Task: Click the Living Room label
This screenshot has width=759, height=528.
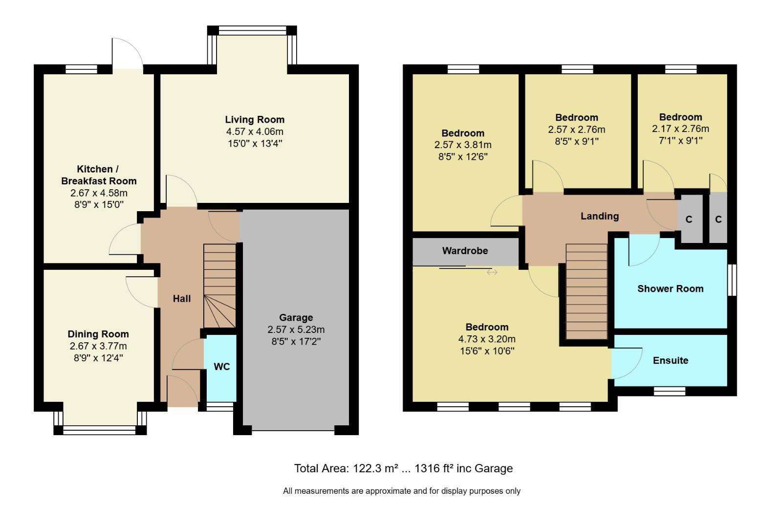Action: click(x=255, y=120)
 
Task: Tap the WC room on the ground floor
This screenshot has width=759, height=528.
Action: click(x=221, y=367)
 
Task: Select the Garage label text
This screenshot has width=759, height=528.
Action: click(x=296, y=317)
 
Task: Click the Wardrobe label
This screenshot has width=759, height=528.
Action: click(x=465, y=251)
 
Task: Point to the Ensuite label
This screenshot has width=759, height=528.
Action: click(x=670, y=360)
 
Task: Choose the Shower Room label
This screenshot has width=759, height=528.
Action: click(x=670, y=288)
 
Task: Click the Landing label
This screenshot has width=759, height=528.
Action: click(x=599, y=216)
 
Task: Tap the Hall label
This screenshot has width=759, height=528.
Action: click(x=181, y=299)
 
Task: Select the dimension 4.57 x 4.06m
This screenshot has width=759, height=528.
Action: click(x=255, y=132)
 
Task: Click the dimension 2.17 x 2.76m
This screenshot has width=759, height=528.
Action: click(x=680, y=129)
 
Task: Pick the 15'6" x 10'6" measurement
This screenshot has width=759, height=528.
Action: click(x=487, y=351)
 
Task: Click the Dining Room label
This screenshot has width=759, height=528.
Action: click(x=98, y=334)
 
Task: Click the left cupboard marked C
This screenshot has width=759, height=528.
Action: click(x=689, y=220)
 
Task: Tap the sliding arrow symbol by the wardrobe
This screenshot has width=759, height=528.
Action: click(x=492, y=272)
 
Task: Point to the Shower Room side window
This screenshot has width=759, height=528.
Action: click(x=732, y=280)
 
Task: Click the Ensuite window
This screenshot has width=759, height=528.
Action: click(x=670, y=391)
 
